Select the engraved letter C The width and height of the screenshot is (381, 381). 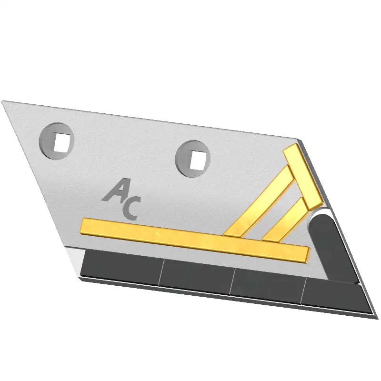(131, 209)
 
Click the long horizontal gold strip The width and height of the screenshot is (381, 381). (195, 240)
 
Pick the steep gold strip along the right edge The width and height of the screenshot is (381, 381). (302, 177)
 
